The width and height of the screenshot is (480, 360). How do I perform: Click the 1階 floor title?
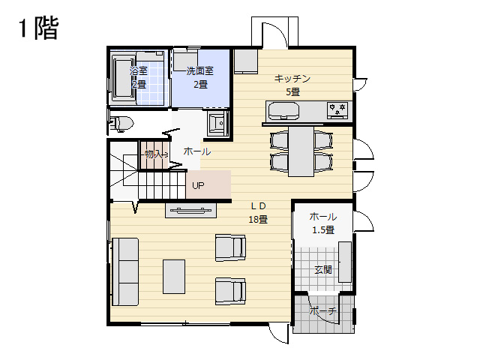pos(38,28)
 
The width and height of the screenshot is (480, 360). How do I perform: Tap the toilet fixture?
pos(121,123)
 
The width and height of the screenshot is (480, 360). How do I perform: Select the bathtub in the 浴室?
pos(123,77)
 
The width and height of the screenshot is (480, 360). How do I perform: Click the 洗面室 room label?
pos(200,71)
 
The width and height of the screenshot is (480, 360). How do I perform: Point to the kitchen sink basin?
pos(283,111)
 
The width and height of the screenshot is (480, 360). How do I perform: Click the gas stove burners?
pos(337,110)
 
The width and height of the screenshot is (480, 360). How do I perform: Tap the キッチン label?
pos(292,78)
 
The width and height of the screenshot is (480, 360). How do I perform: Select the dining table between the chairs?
pos(301,151)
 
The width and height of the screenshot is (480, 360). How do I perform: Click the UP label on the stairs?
pos(198,185)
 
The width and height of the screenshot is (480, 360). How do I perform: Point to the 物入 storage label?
pos(156,154)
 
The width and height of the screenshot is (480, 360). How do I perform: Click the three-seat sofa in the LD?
pos(125,271)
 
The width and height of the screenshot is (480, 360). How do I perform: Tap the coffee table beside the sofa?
pos(174,277)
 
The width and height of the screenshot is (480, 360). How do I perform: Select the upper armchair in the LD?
pos(230,247)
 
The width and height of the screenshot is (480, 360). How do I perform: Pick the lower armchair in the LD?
pos(230,291)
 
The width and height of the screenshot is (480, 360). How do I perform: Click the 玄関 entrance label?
pos(323,270)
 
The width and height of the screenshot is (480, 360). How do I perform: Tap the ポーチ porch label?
pos(322,311)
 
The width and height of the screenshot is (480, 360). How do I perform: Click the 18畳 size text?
pos(258,220)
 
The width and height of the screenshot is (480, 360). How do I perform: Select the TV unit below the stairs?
pos(191,210)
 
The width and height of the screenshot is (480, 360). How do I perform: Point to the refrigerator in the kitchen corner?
pos(246,61)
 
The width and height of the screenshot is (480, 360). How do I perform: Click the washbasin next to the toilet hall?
pos(217,123)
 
